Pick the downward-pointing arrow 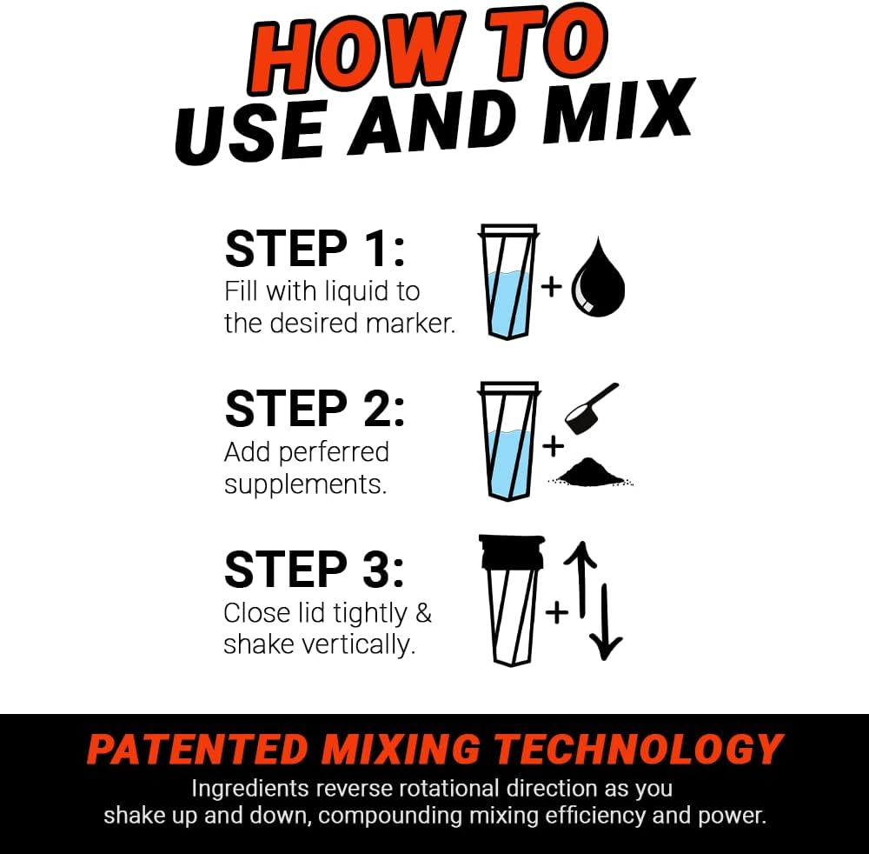(x=607, y=622)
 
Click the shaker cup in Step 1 (x=509, y=283)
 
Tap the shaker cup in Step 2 (x=508, y=444)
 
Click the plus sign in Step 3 (x=556, y=612)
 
